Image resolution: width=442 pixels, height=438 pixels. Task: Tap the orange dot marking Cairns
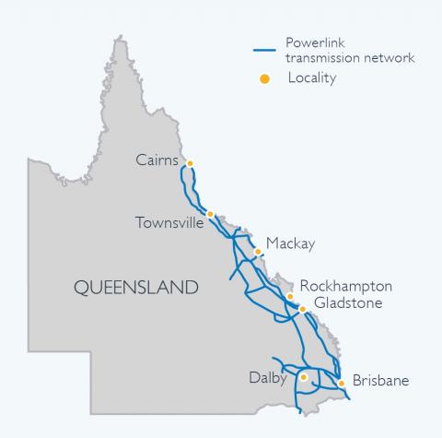(190, 164)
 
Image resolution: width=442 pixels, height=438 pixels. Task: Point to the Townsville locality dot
(211, 214)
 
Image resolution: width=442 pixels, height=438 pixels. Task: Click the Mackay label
(290, 244)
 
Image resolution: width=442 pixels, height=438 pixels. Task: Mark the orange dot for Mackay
(258, 250)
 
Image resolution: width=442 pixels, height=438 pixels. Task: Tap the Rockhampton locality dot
(290, 297)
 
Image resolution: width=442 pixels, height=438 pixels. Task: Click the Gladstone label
(348, 303)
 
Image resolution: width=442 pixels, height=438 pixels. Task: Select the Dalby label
(269, 377)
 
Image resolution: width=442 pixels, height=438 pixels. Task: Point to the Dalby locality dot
(303, 377)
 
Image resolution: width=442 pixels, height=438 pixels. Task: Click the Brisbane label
(380, 380)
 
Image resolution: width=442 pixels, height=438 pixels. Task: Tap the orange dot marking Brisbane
(342, 382)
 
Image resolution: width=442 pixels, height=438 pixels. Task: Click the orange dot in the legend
(264, 79)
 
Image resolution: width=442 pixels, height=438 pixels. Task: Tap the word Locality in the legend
(312, 79)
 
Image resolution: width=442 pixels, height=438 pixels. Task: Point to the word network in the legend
(389, 57)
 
